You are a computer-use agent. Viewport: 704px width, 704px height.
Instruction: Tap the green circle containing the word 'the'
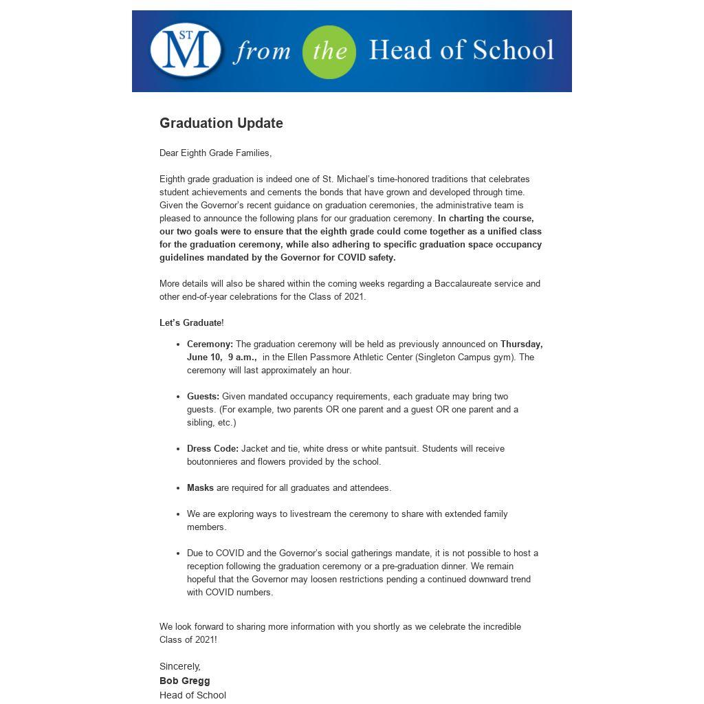point(329,52)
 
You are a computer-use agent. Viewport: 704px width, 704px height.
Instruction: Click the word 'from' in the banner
point(262,52)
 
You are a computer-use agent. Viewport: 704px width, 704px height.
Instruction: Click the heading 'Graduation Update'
point(221,123)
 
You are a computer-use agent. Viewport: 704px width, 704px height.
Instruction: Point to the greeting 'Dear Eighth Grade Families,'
point(215,153)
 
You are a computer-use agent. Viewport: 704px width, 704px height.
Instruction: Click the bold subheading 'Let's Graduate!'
point(191,322)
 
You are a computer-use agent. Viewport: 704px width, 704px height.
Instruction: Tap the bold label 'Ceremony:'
point(210,344)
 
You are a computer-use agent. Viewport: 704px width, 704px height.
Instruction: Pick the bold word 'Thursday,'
point(521,344)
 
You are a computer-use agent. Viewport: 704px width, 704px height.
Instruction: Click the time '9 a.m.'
point(242,357)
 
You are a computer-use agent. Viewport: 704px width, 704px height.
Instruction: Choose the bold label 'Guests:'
point(203,396)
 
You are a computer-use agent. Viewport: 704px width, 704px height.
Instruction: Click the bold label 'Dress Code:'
point(212,448)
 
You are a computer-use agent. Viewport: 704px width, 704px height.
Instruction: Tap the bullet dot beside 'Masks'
point(178,488)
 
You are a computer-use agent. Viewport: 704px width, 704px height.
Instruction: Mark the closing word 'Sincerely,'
point(180,666)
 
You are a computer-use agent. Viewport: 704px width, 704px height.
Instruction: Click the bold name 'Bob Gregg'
point(185,681)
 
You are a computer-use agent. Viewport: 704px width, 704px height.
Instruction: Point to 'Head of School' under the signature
point(192,695)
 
